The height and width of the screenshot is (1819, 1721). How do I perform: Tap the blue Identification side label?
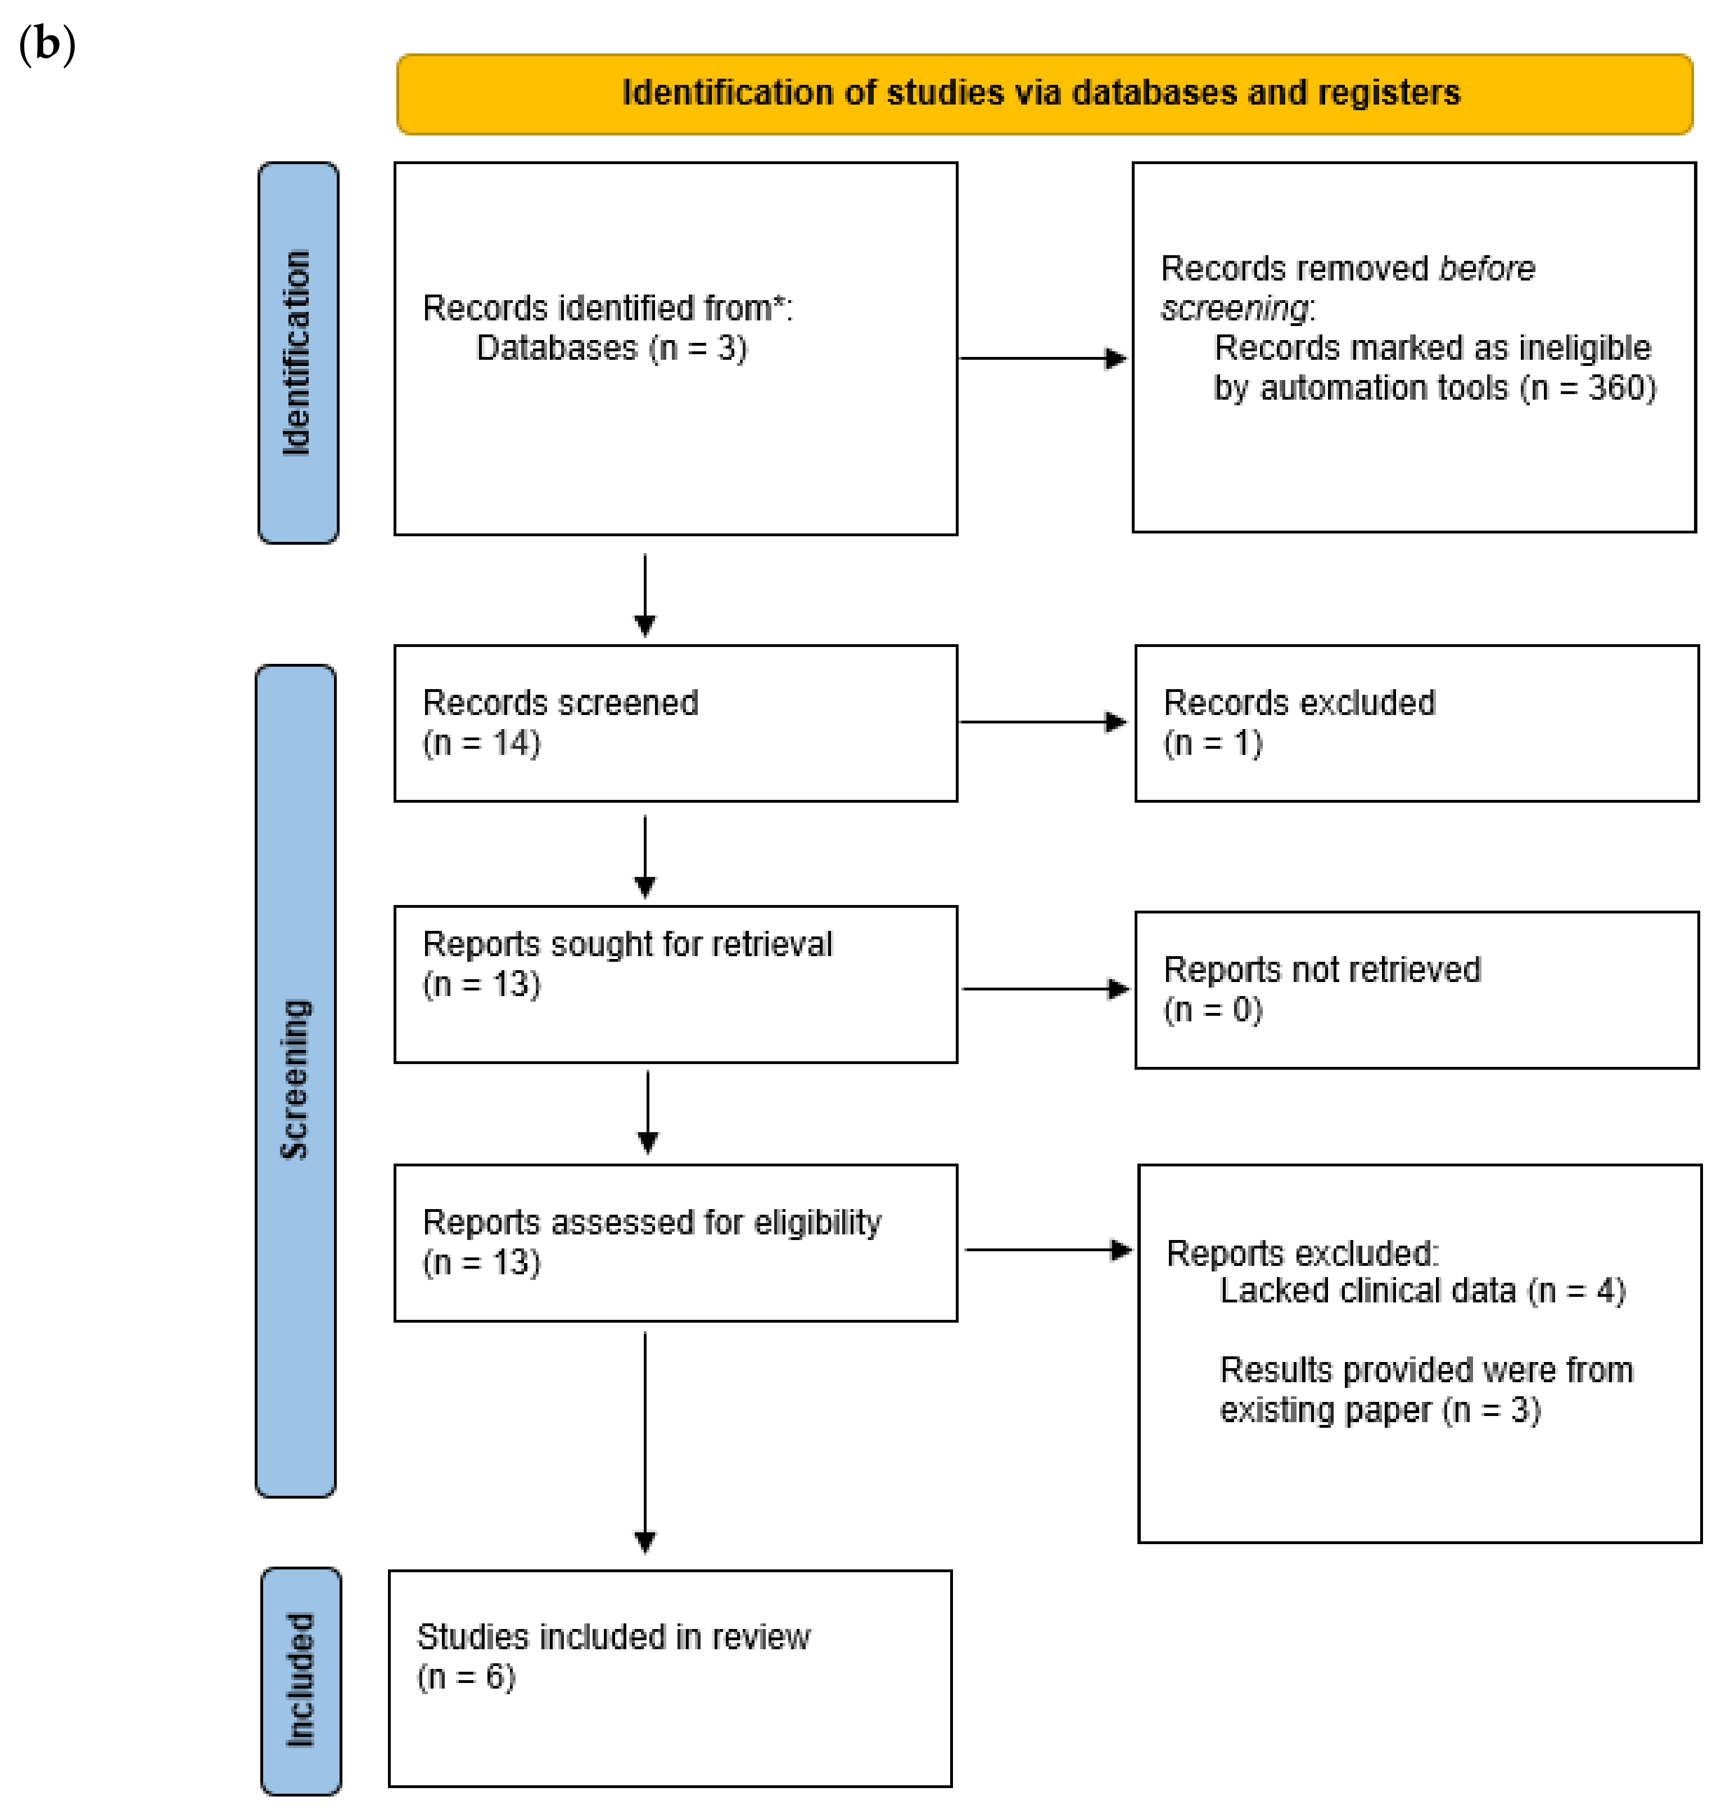(x=297, y=353)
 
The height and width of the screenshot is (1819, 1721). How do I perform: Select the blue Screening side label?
(x=295, y=1080)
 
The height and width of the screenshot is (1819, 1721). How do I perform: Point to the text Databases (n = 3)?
(x=611, y=349)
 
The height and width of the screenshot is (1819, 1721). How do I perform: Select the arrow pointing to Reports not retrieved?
(x=1044, y=989)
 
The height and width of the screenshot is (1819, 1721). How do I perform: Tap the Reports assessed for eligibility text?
(x=651, y=1223)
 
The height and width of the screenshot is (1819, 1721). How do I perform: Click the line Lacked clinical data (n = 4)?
(x=1422, y=1291)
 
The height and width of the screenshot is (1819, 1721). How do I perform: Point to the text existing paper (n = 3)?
(x=1379, y=1410)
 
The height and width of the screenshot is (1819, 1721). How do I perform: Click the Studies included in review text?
(x=613, y=1637)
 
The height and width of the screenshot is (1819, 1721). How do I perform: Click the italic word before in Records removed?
(x=1486, y=269)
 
